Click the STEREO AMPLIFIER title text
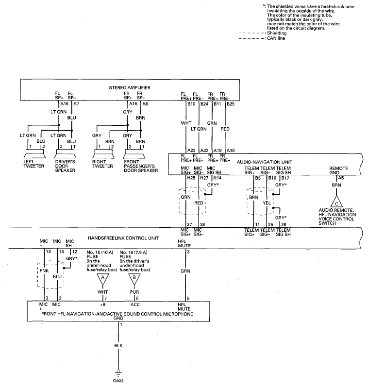130,87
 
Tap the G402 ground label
118,381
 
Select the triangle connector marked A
102,279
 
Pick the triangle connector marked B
134,279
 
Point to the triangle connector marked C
336,202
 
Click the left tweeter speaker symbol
34,154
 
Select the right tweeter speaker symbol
103,154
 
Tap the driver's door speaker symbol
65,154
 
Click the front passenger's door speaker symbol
134,154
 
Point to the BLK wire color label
118,346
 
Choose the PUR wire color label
134,292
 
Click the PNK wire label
44,271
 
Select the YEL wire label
267,203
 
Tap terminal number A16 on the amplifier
64,104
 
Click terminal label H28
191,178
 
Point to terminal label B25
231,104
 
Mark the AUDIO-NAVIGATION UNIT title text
264,162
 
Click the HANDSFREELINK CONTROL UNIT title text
123,238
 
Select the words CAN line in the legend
276,38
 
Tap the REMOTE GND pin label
338,170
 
